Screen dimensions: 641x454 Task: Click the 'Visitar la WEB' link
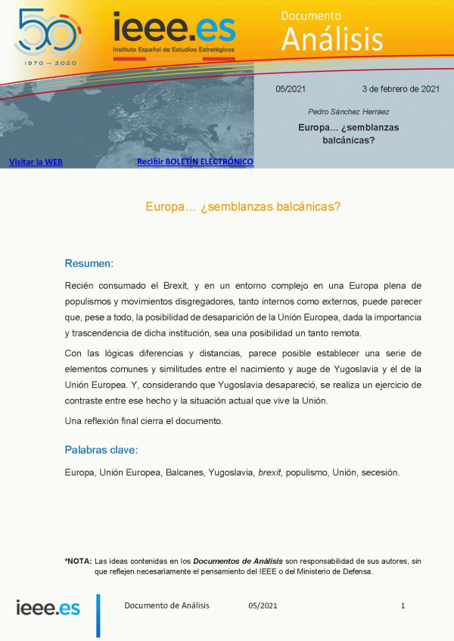click(x=36, y=162)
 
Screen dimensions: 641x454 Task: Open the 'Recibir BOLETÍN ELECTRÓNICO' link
click(x=194, y=162)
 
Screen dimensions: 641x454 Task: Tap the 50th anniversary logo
click(x=48, y=32)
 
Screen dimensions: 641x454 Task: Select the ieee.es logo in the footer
click(x=48, y=607)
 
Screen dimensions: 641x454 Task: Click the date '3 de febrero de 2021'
click(x=400, y=88)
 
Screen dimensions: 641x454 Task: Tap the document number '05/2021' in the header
click(x=290, y=88)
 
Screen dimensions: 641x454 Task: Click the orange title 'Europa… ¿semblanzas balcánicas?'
click(x=242, y=206)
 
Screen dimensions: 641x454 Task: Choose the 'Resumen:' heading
click(x=89, y=264)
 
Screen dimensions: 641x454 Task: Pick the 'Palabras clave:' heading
click(x=101, y=450)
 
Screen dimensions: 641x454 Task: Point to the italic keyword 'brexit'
click(x=269, y=472)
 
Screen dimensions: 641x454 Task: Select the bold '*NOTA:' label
click(x=78, y=561)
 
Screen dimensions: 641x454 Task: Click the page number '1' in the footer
click(x=403, y=605)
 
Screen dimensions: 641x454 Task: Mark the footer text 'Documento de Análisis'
click(x=166, y=605)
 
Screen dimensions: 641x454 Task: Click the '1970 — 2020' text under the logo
click(x=49, y=62)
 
